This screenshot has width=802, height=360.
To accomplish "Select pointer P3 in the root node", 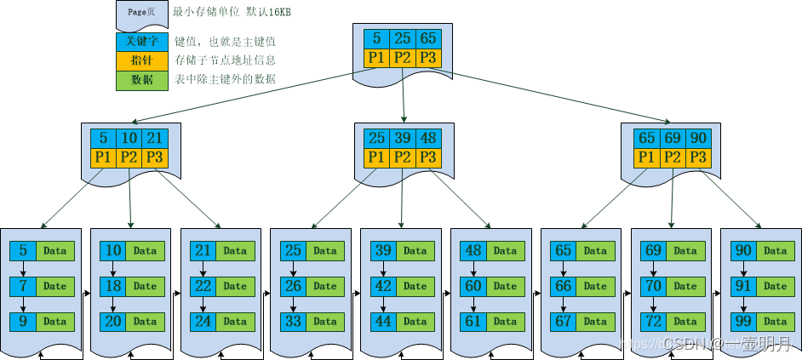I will tap(428, 58).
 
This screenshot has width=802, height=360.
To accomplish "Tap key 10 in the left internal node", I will tap(129, 139).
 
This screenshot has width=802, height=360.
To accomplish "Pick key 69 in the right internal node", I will tap(673, 139).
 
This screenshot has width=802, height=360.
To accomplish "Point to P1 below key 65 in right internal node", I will tap(646, 157).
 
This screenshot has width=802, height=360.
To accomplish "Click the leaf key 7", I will tap(23, 287).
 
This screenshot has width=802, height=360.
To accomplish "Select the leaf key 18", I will tap(113, 287).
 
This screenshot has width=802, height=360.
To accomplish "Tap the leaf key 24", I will tap(203, 323).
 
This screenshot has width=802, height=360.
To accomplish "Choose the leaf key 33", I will tap(293, 323).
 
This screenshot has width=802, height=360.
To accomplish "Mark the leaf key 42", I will tap(383, 287).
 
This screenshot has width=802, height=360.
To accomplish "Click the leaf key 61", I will tap(473, 323).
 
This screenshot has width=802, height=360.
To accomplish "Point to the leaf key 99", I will tap(744, 323).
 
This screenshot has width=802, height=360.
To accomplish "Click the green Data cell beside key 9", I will tap(55, 323).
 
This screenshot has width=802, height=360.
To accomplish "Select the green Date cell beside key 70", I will tap(685, 287).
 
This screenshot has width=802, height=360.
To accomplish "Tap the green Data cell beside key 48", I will tap(505, 251).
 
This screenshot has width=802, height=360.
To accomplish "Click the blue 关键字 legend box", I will tap(142, 41).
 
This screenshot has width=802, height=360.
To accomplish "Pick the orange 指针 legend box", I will tap(142, 60).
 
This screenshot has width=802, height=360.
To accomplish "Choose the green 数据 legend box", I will tap(142, 80).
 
